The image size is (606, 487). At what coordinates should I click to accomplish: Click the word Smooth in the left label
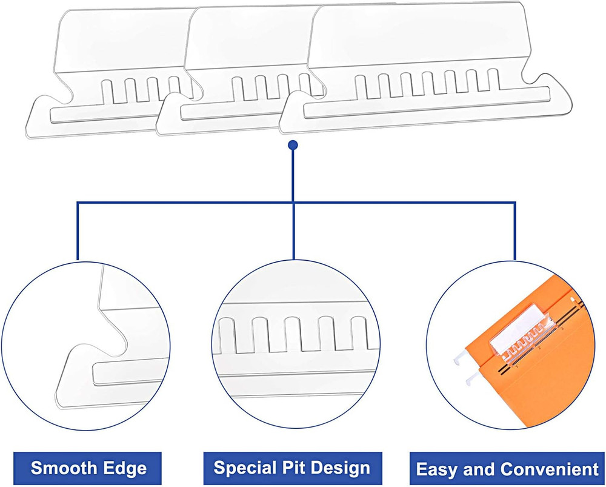[x=59, y=468]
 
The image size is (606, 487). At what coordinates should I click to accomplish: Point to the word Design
[x=341, y=468]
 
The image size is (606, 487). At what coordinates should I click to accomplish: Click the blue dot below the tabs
[x=293, y=145]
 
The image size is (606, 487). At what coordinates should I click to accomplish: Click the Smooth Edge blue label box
[x=88, y=468]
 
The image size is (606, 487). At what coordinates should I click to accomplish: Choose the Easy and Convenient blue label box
[x=507, y=469]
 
